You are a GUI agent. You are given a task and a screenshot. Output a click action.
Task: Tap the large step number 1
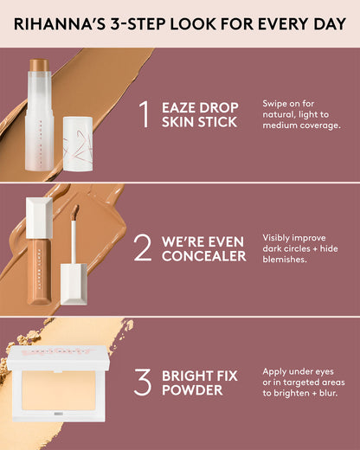click(145, 112)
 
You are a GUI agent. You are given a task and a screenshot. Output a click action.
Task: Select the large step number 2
click(144, 247)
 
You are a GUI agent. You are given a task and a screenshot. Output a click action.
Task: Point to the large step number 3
click(144, 382)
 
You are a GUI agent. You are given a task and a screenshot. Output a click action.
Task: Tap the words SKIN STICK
click(199, 121)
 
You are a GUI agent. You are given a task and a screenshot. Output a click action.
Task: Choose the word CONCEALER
click(203, 256)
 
